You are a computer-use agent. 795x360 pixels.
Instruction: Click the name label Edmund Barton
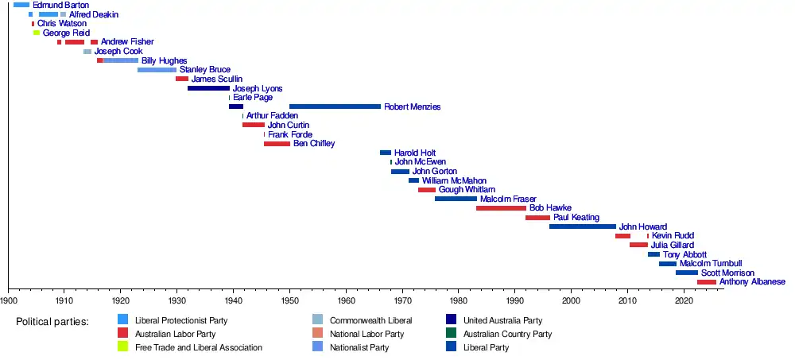60,6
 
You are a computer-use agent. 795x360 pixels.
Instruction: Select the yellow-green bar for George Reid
36,33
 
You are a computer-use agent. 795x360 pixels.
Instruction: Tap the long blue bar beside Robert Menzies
335,106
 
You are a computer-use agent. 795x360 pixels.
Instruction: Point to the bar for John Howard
582,226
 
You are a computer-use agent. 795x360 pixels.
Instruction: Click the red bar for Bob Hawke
501,208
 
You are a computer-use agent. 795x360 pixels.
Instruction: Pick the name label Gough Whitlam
467,190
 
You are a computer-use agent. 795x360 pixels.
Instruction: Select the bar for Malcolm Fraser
456,199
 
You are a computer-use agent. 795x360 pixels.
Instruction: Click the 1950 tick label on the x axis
290,300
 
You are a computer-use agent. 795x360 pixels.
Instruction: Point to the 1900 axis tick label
9,300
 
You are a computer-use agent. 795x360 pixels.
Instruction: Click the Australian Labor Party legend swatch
123,334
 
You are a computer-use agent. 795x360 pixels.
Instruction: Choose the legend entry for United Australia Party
502,320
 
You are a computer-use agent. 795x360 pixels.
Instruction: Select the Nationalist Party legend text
359,347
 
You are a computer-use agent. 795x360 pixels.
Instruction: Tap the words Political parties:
52,321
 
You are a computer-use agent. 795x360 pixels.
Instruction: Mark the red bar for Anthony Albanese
706,282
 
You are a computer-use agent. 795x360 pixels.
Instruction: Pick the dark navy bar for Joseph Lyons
208,88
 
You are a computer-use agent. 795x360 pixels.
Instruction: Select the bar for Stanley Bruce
157,70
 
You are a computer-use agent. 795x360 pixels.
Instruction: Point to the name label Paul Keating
577,218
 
